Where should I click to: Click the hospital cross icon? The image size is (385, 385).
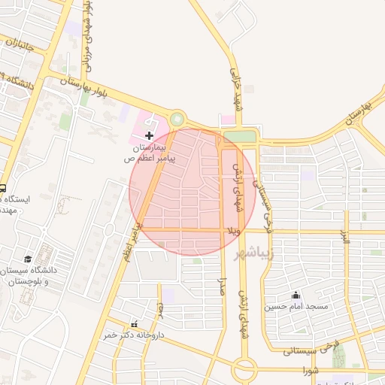click(149, 136)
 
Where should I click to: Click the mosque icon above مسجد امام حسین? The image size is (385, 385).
click(296, 295)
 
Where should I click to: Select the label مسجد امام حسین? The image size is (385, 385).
click(296, 307)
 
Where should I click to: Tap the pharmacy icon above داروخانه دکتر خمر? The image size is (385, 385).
click(135, 323)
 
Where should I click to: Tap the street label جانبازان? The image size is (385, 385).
click(20, 54)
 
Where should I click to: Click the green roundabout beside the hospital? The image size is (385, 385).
click(177, 119)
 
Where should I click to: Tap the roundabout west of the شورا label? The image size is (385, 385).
click(244, 369)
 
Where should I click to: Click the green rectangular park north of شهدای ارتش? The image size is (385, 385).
click(240, 136)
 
